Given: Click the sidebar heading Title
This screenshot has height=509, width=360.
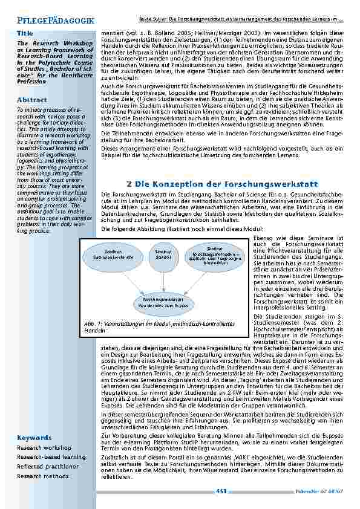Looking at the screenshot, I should pyautogui.click(x=25, y=32).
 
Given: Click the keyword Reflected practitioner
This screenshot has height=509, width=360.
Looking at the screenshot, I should pyautogui.click(x=48, y=467).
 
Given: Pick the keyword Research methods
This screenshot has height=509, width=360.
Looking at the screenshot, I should pyautogui.click(x=44, y=476).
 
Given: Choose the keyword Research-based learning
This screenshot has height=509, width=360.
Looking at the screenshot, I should pyautogui.click(x=51, y=457).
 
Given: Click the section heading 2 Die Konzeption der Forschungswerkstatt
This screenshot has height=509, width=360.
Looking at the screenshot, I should pyautogui.click(x=222, y=183).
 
